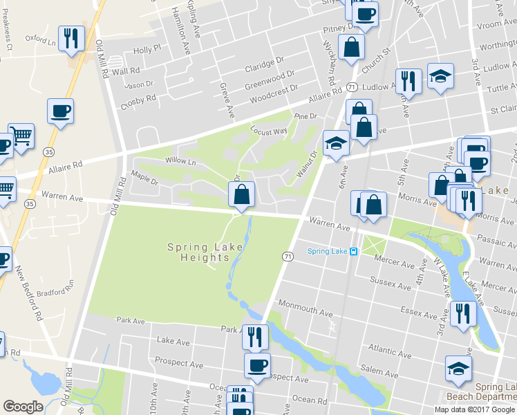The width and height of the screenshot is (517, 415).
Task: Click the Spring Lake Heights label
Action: point(198,252)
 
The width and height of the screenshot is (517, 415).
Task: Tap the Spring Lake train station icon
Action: point(353,252)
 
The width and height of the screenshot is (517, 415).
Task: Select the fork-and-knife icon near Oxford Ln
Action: point(71,39)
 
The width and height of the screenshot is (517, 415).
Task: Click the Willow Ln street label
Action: point(180,160)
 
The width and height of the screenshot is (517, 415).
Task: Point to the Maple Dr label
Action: point(145,178)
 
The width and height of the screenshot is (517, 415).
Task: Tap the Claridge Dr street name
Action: point(264,64)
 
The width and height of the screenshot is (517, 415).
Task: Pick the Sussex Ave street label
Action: point(391,284)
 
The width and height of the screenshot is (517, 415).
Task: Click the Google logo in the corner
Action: point(23,407)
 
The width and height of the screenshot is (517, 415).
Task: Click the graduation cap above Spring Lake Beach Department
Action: point(458,367)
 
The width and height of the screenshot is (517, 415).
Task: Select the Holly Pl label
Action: point(147,50)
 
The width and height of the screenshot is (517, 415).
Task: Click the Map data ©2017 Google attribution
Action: point(474,409)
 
